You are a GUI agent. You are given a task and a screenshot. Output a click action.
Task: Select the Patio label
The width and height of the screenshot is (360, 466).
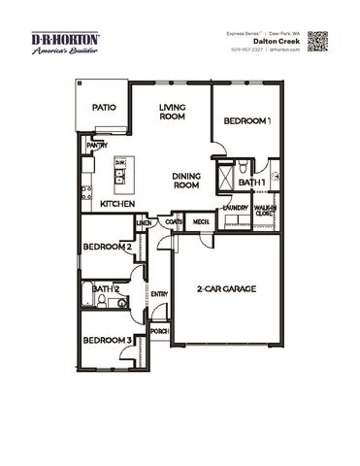click(x=104, y=109)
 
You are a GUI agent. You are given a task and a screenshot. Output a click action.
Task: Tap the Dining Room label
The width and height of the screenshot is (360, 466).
click(x=187, y=181)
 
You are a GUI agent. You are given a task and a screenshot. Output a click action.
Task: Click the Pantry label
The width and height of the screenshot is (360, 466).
click(x=96, y=145)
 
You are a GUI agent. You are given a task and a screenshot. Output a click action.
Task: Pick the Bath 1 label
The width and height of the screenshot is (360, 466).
click(x=252, y=183)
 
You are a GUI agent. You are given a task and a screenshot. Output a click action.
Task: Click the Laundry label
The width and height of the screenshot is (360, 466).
click(x=235, y=208)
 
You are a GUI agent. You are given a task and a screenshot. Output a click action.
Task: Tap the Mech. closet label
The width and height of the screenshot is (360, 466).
click(x=201, y=222)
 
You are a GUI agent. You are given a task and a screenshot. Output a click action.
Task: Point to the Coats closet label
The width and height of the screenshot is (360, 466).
click(x=174, y=222)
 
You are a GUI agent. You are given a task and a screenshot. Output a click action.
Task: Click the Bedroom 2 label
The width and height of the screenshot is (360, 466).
click(x=108, y=247)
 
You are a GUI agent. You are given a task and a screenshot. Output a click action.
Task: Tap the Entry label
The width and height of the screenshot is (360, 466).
click(x=159, y=294)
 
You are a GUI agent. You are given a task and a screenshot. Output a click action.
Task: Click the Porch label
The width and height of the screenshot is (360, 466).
click(x=159, y=331)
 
